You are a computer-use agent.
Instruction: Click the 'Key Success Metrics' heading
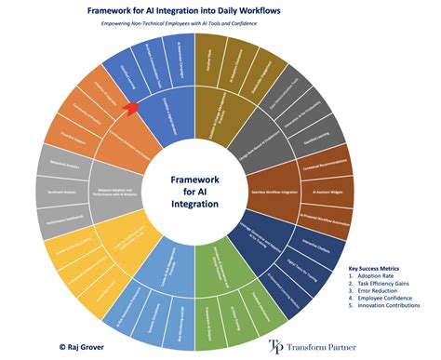[x=381, y=267]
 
